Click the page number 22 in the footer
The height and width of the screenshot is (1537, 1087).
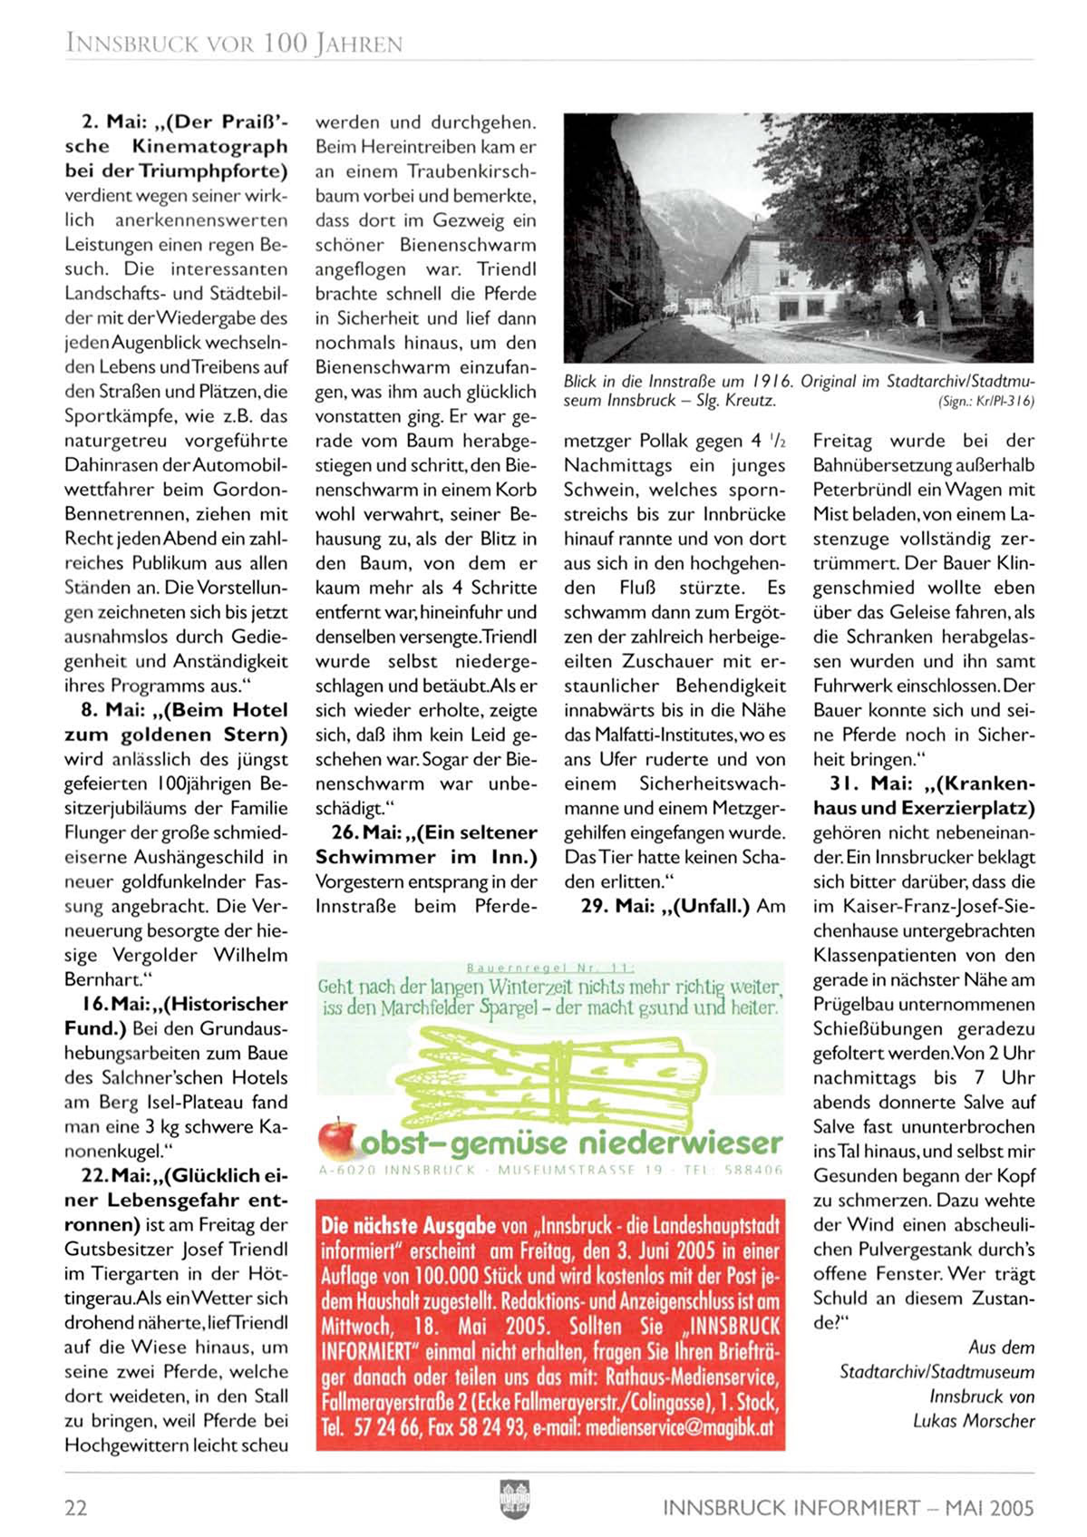tap(76, 1508)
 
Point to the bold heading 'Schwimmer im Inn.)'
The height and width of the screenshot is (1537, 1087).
tap(426, 857)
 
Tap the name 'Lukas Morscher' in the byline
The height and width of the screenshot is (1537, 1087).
tap(974, 1421)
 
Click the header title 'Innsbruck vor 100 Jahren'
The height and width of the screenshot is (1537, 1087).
tap(234, 43)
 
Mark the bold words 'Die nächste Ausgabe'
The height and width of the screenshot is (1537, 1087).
tap(409, 1227)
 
